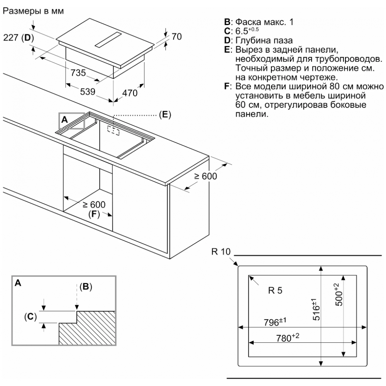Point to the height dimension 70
[x=176, y=37]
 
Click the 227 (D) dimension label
[x=19, y=38]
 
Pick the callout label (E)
[x=164, y=115]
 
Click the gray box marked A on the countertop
[x=71, y=120]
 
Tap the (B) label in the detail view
[x=86, y=287]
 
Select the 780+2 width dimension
[x=288, y=338]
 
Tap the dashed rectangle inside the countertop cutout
[x=113, y=131]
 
